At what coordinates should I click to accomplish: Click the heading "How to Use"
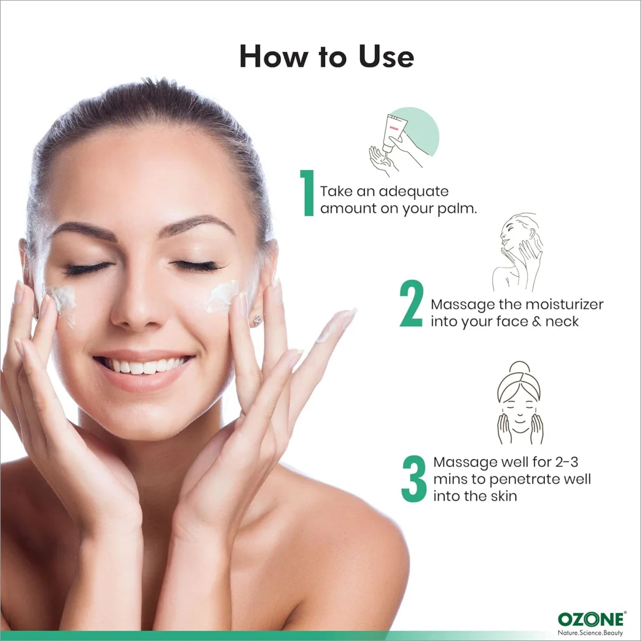[x=326, y=56]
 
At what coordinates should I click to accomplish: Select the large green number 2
[x=411, y=304]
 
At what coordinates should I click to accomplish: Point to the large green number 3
[x=414, y=478]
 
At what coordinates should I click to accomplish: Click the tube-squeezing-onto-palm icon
[x=403, y=142]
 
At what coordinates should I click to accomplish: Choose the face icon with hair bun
[x=520, y=403]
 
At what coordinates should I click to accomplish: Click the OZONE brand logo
[x=591, y=619]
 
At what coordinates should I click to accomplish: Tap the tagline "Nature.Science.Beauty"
[x=590, y=633]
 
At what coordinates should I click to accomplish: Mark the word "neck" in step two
[x=562, y=322]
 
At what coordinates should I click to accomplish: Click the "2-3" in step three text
[x=566, y=462]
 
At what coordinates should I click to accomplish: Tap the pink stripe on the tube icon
[x=393, y=128]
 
